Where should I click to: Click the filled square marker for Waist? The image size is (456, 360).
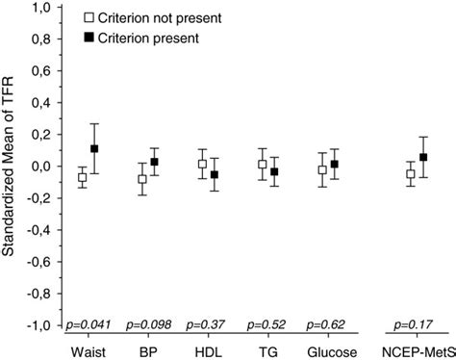(x=94, y=149)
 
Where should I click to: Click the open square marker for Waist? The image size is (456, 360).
(x=82, y=177)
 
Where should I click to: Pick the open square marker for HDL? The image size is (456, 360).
(x=201, y=164)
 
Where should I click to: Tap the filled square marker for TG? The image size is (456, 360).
(x=273, y=172)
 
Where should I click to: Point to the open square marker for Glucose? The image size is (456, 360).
(x=322, y=169)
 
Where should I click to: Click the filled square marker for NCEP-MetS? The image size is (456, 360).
(x=423, y=158)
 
